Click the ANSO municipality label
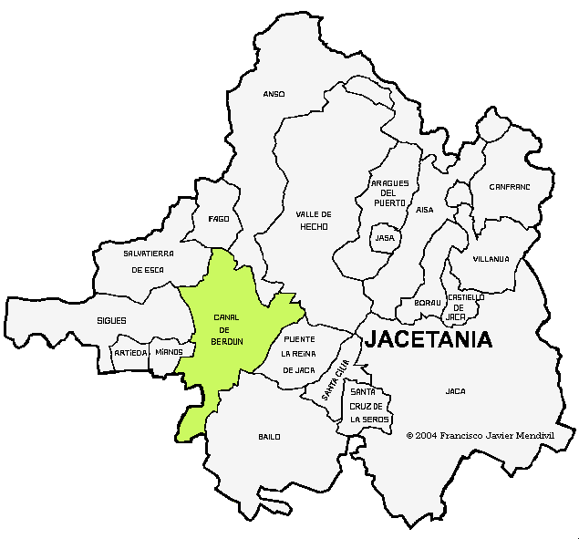[274, 94]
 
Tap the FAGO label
[219, 219]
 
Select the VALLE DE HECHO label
[313, 220]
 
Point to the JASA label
[385, 238]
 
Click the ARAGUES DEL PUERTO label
[389, 192]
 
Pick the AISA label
[425, 210]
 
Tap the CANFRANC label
[509, 187]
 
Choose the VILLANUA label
[491, 259]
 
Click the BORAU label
[427, 303]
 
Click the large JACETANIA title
[429, 340]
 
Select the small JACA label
[455, 391]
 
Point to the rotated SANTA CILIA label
[336, 380]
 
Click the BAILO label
[269, 437]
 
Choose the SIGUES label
[111, 321]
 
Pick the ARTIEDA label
[130, 352]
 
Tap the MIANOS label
[169, 352]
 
